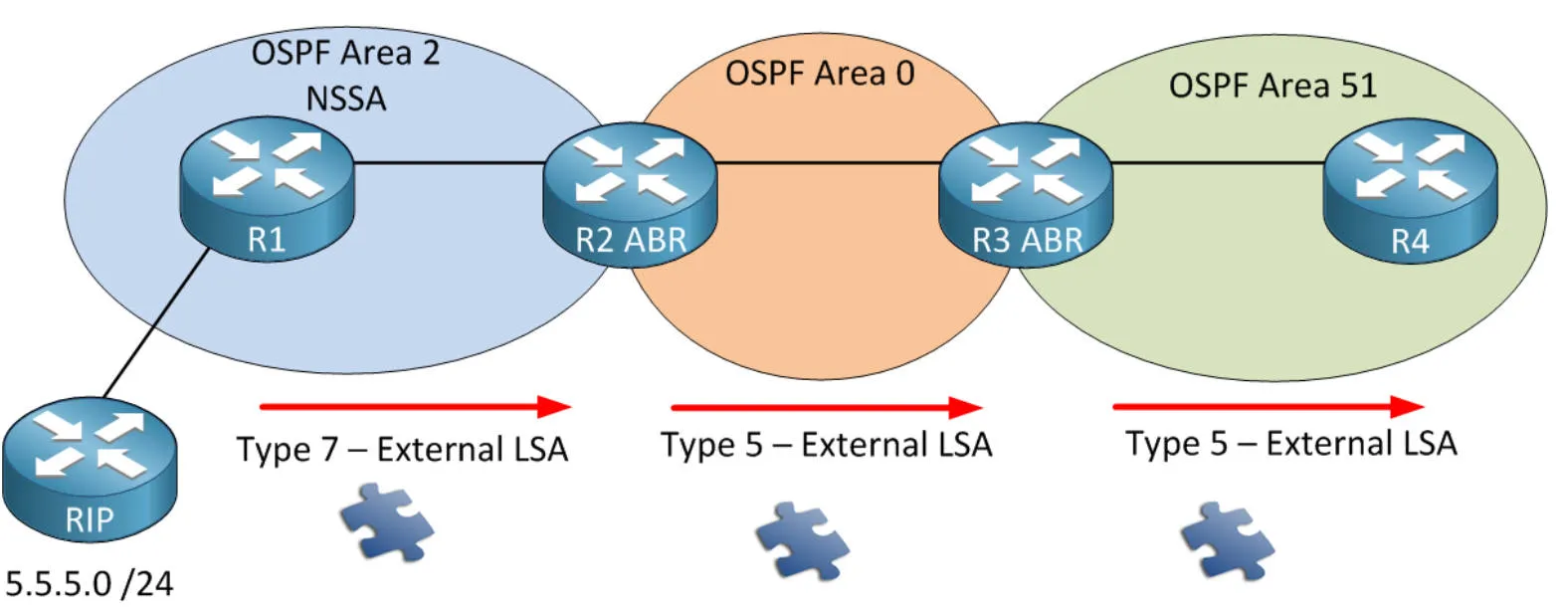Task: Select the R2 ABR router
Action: coord(630,191)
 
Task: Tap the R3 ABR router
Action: coord(1026,191)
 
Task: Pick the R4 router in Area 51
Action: coord(1410,192)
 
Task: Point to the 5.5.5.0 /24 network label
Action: coord(90,584)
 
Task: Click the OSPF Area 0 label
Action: coord(819,74)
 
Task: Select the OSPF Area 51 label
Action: coord(1272,86)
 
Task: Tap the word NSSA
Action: coord(345,100)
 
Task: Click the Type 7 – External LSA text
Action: coord(402,450)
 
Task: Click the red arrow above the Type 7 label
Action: coord(414,406)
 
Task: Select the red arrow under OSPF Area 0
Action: coord(826,407)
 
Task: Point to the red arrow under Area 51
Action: coord(1267,406)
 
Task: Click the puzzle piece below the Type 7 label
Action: coord(386,521)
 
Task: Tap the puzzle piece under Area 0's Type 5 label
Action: coord(802,540)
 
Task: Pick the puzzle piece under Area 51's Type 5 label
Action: coord(1227,540)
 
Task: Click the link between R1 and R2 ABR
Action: coord(448,162)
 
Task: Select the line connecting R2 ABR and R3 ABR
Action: coord(828,162)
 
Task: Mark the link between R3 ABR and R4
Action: coord(1217,162)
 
